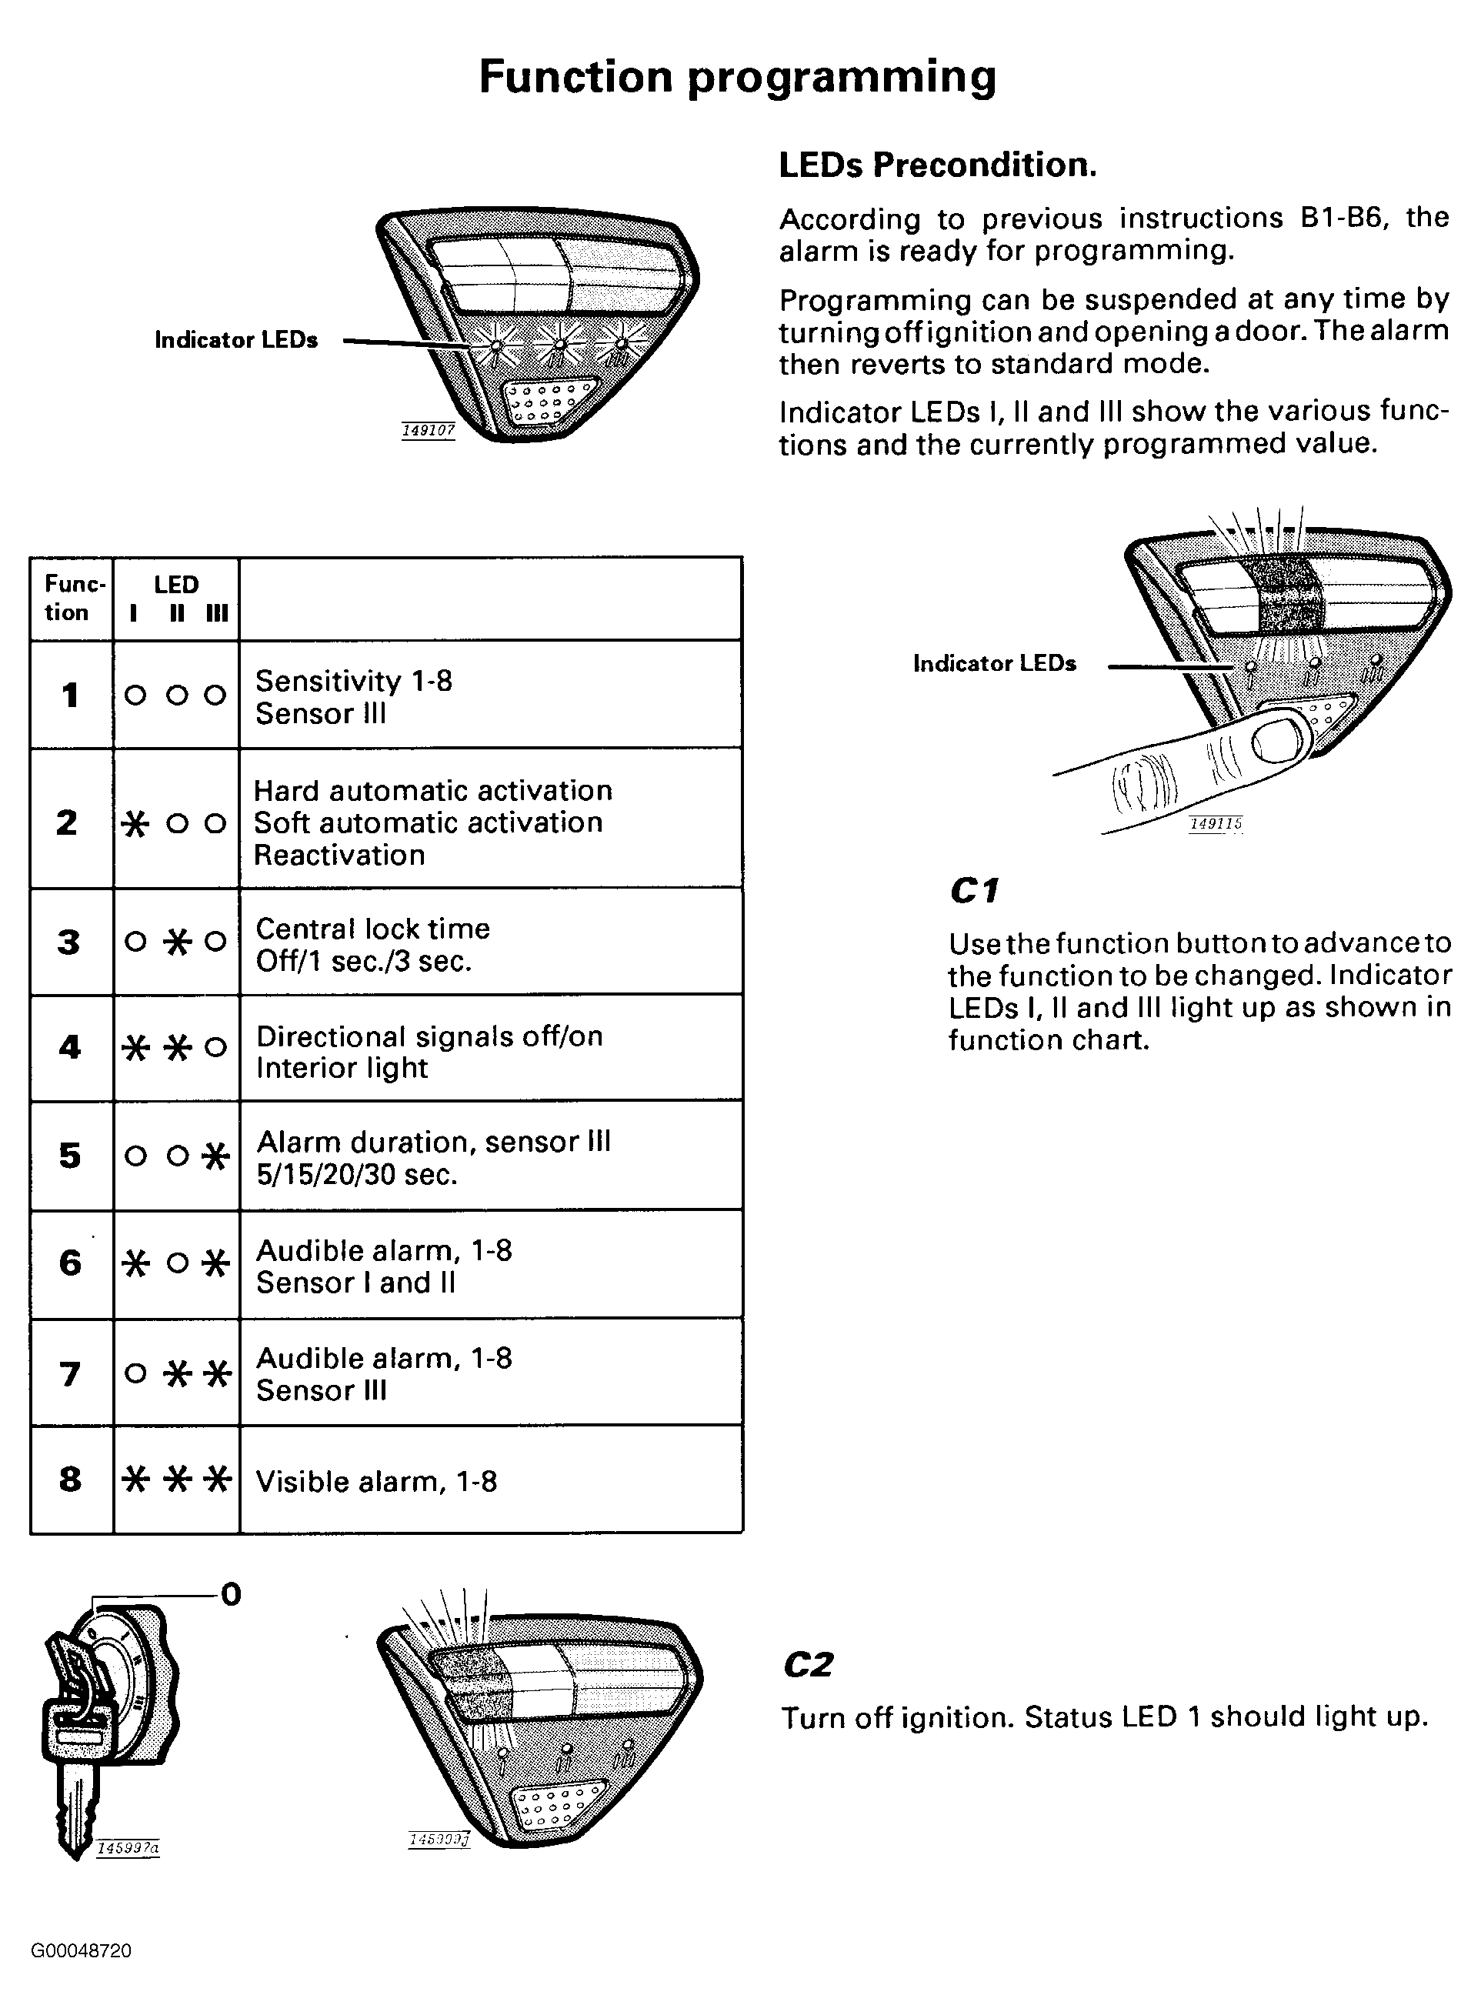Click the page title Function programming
[737, 77]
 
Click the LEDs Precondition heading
[937, 165]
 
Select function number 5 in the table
[70, 1156]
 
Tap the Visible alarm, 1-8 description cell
[376, 1481]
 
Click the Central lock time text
[373, 929]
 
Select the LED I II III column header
[177, 598]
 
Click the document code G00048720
[82, 1951]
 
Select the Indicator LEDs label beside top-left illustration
[235, 340]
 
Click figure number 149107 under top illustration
[428, 431]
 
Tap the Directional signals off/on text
[429, 1036]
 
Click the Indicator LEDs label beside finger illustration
[994, 663]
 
